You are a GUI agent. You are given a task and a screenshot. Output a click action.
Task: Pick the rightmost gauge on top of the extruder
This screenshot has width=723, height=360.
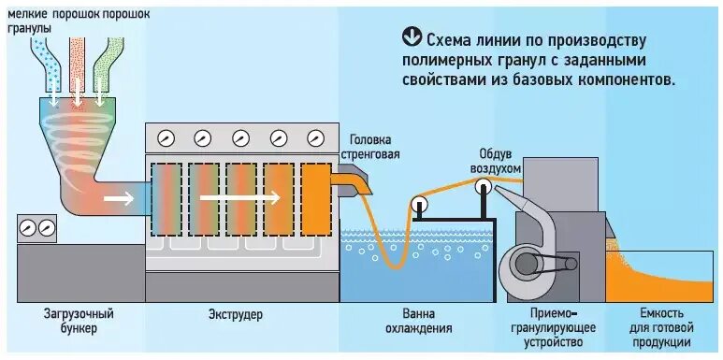[x=314, y=138]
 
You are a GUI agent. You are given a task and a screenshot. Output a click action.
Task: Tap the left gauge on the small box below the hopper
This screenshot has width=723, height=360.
[x=27, y=227]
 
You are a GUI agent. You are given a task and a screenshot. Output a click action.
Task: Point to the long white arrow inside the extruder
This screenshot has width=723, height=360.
[x=241, y=197]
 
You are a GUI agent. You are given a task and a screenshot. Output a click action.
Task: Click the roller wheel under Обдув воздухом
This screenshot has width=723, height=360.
[x=483, y=186]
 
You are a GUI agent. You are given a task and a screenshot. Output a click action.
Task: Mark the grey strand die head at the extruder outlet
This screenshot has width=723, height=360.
[x=354, y=180]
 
